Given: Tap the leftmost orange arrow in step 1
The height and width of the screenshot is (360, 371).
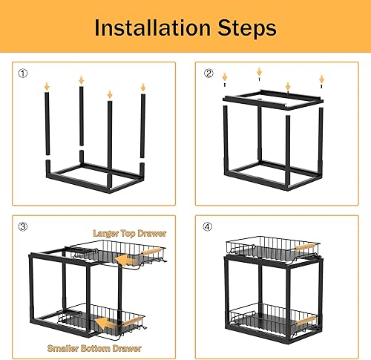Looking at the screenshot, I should [47, 87].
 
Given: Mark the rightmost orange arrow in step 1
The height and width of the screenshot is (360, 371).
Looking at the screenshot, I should [142, 88].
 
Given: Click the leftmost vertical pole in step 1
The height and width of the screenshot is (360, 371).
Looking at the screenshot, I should [47, 126].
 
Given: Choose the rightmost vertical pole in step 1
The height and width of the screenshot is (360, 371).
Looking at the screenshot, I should [142, 126].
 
